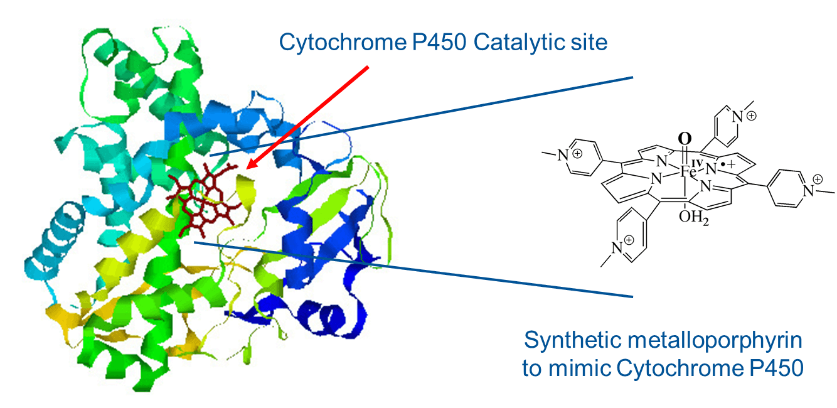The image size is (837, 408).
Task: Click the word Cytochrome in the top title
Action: pos(343,43)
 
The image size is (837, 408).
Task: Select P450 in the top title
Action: pos(439,42)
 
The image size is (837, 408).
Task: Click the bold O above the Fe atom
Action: pos(685,139)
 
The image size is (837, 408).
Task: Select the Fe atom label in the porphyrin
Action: pos(688,172)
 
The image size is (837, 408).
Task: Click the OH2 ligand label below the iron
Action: pos(693,217)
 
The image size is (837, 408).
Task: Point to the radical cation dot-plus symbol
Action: pos(727,164)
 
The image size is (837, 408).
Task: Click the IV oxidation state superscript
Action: pos(697,163)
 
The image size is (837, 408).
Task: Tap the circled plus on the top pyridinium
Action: pos(751,116)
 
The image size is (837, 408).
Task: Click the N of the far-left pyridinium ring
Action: pos(563,155)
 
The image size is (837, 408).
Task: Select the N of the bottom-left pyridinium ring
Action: pos(617,247)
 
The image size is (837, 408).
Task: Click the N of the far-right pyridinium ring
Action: pos(808,191)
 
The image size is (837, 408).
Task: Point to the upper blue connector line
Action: pos(421,116)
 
